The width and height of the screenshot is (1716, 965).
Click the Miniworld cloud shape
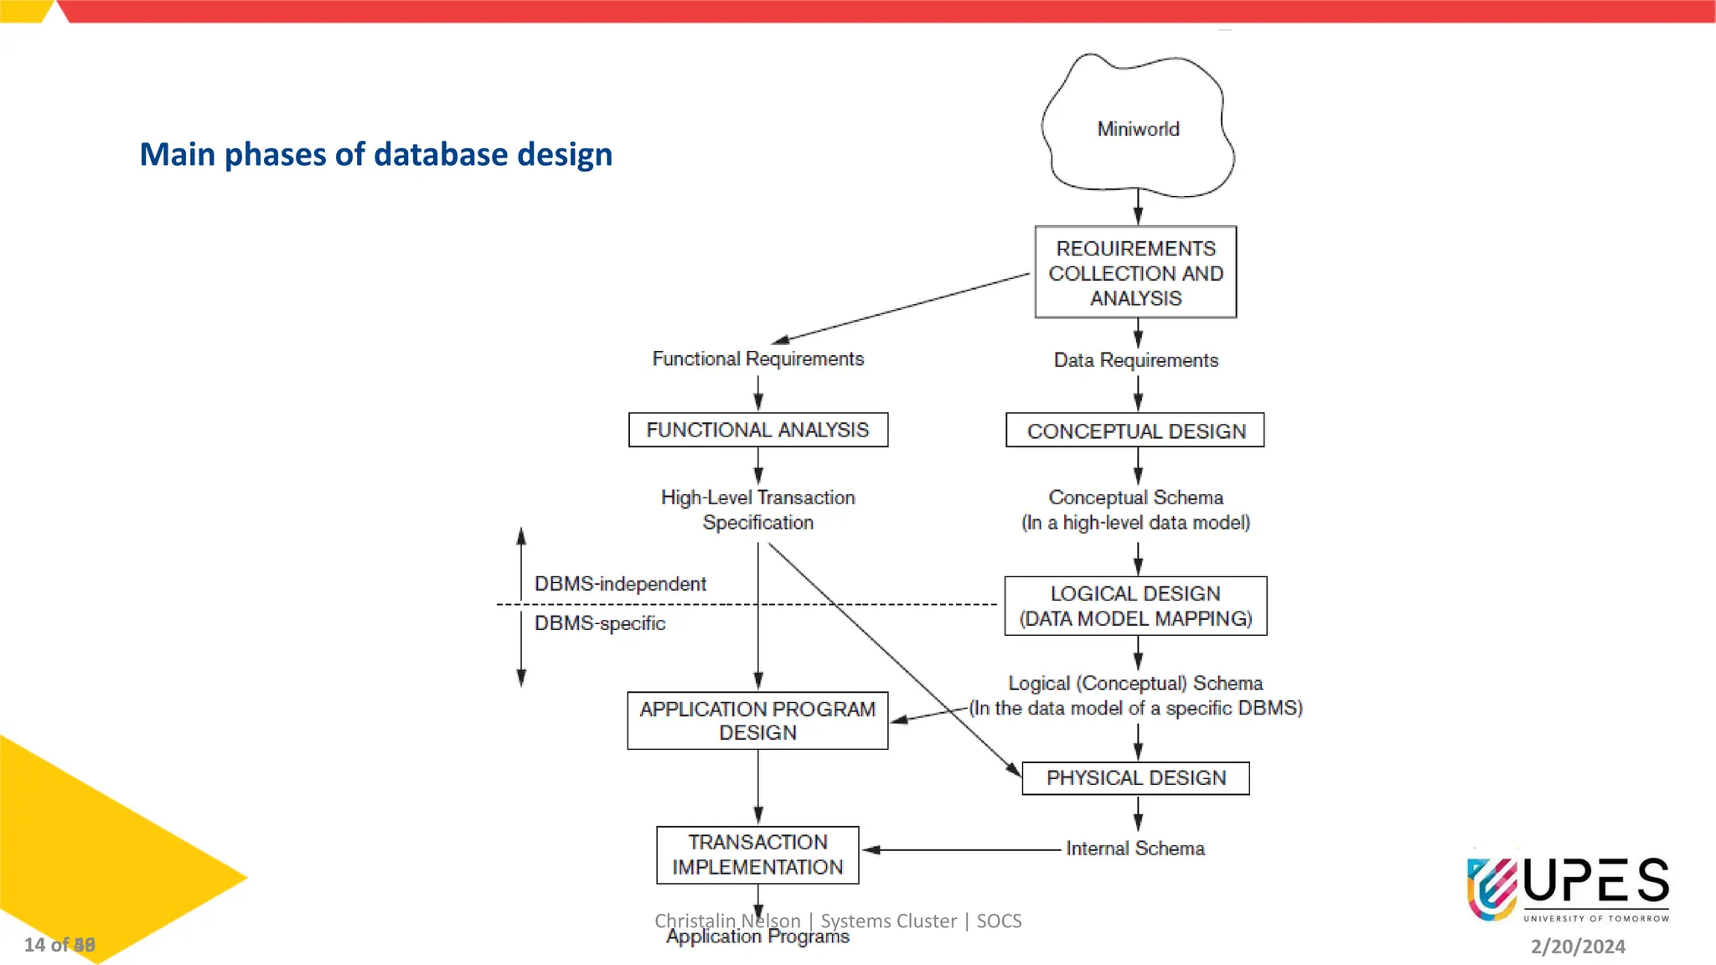tap(1137, 127)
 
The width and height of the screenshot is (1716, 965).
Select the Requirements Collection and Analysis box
tap(1135, 272)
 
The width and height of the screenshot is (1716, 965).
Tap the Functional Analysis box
tap(757, 430)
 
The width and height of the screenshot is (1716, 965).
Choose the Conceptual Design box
tap(1135, 431)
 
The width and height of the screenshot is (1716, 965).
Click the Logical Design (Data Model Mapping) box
tap(1135, 606)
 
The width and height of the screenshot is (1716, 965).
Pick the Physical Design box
tap(1135, 778)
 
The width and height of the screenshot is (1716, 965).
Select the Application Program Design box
tap(757, 720)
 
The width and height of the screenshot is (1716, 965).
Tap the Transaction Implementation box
tap(757, 854)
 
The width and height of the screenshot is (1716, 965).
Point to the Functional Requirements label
tap(757, 359)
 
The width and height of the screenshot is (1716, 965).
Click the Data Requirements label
tap(1135, 360)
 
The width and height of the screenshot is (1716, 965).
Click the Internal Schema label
tap(1135, 849)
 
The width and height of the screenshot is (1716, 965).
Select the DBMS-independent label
tap(620, 584)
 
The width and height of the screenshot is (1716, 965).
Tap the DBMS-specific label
tap(600, 623)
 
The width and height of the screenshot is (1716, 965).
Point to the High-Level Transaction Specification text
tap(757, 509)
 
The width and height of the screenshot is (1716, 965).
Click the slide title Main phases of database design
tap(375, 154)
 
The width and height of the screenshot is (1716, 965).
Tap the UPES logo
tap(1567, 888)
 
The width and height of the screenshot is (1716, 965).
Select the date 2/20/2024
tap(1578, 947)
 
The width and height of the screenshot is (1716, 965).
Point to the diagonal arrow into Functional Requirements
tap(902, 307)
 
